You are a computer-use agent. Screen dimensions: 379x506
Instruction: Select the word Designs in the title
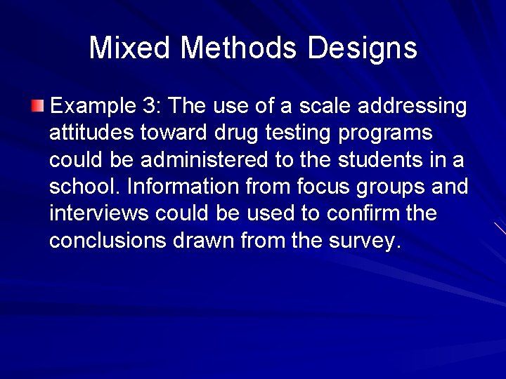[x=362, y=48]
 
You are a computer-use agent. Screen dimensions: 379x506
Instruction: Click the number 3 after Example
[x=150, y=107]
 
